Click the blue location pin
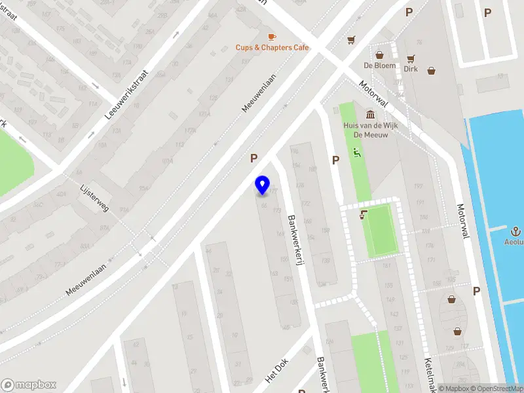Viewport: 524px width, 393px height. click(263, 185)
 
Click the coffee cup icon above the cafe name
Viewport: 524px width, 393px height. click(272, 36)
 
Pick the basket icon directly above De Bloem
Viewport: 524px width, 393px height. click(379, 55)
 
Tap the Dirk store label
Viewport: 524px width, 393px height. click(411, 68)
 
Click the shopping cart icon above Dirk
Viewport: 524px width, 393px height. click(411, 58)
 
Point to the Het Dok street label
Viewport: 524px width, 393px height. click(276, 373)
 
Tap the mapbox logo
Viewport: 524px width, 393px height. click(28, 385)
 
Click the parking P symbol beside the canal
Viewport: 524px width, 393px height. click(476, 291)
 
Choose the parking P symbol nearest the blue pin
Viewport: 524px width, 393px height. click(253, 158)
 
